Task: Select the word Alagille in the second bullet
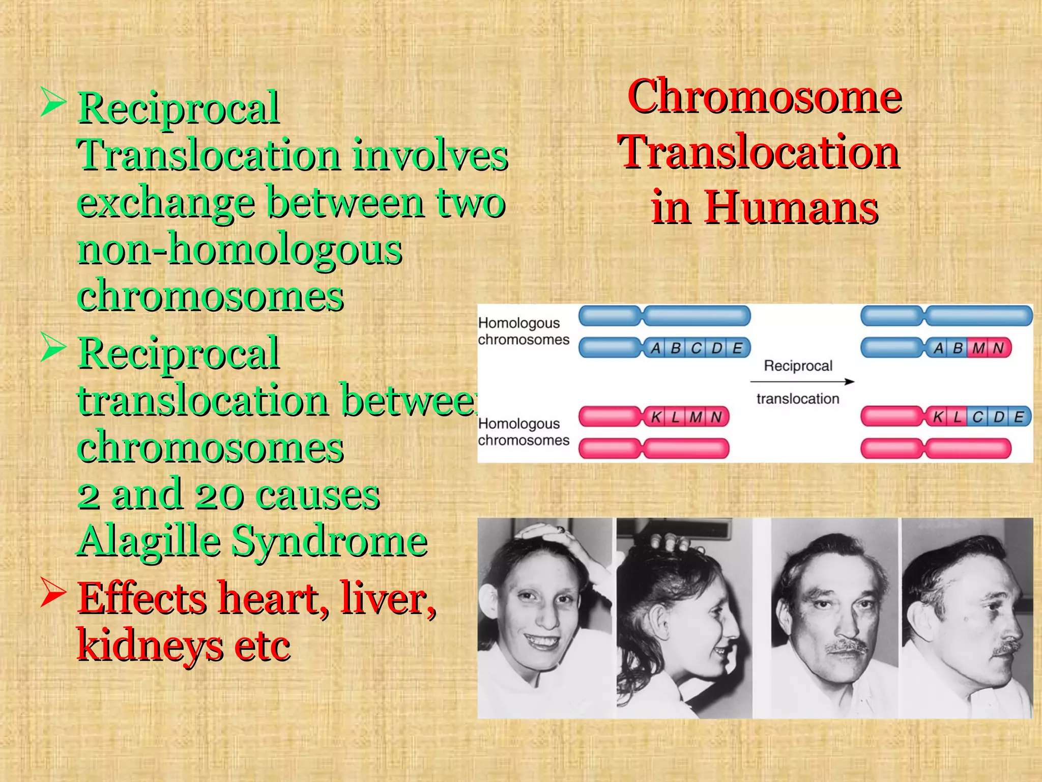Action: coord(149,542)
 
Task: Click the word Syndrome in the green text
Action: coord(329,542)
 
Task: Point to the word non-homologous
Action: coord(240,249)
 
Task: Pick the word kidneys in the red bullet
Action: coord(149,646)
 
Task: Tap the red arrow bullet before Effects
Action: coord(53,593)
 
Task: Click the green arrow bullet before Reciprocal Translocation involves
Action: coord(53,101)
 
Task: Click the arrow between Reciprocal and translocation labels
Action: coord(802,381)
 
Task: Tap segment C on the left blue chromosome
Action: coord(696,348)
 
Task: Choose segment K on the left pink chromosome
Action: coord(656,417)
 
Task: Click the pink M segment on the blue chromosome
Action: coord(978,348)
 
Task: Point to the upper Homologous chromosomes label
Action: coord(523,331)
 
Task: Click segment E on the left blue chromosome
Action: coord(737,348)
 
